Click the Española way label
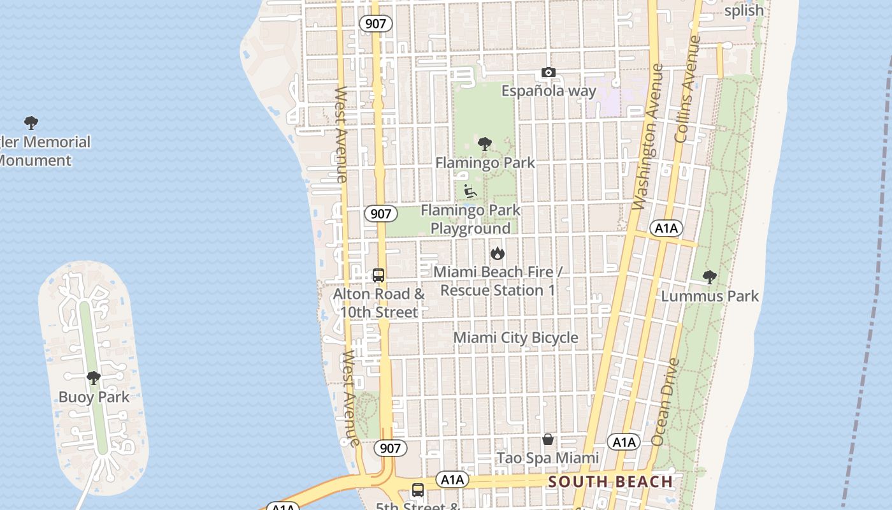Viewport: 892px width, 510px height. tap(549, 91)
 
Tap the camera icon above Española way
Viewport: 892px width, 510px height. tap(548, 73)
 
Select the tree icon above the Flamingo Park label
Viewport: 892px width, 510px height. tap(485, 144)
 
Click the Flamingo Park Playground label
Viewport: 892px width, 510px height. tap(470, 219)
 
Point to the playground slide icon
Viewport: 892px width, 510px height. tap(470, 191)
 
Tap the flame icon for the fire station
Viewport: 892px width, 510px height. tap(498, 254)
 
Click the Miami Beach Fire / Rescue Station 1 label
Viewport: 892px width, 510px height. tap(498, 281)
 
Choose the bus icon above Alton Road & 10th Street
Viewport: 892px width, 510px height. tap(378, 275)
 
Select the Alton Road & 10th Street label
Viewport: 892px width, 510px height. tap(379, 303)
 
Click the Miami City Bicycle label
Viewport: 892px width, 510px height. tap(515, 338)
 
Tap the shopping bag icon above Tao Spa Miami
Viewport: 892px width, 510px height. tap(548, 439)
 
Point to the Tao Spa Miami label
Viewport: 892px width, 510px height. tap(547, 458)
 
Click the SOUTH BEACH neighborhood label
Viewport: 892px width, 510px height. tap(610, 482)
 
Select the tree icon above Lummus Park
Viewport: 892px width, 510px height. tap(709, 277)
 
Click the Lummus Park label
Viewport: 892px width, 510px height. tap(710, 296)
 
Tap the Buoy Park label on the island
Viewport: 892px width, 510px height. tap(94, 397)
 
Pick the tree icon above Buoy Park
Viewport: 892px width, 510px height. tap(94, 379)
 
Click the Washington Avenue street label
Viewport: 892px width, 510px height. tap(649, 137)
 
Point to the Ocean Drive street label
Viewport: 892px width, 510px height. tap(666, 402)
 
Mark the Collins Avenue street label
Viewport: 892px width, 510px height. tap(687, 89)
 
